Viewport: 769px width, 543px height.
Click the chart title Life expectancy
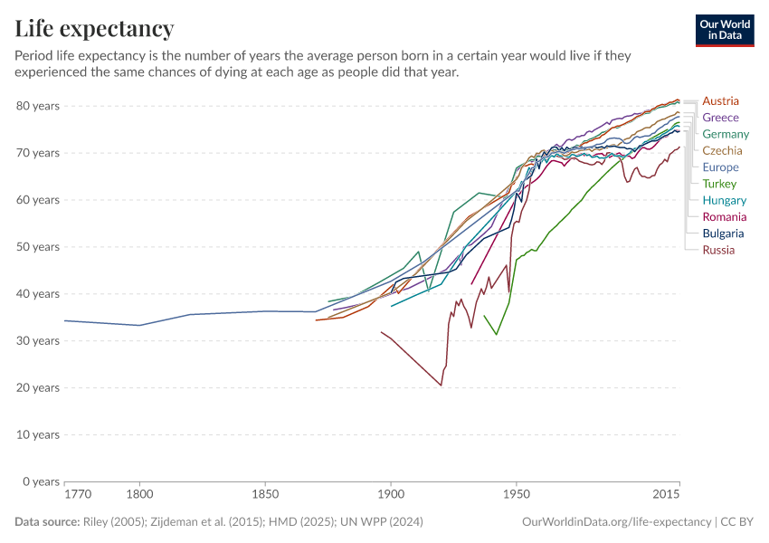click(94, 29)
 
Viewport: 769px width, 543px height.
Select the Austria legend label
click(720, 100)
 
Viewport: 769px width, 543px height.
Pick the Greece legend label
click(720, 118)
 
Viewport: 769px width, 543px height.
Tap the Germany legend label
click(726, 134)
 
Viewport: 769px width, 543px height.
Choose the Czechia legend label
click(722, 150)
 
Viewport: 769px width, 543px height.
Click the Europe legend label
click(720, 167)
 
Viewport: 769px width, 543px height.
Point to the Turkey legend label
click(719, 184)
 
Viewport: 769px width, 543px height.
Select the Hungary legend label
click(724, 200)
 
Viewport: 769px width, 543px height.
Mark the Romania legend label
click(725, 217)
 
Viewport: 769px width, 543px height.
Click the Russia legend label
click(718, 250)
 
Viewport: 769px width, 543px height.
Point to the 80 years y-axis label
click(38, 106)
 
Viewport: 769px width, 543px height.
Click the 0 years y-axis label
click(42, 481)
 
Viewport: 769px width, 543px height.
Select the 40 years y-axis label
click(38, 294)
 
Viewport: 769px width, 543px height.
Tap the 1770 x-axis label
click(78, 495)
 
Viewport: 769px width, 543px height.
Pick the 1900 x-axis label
click(391, 495)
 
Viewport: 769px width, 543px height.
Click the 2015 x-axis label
click(666, 495)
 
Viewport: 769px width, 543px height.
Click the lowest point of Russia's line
click(441, 386)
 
